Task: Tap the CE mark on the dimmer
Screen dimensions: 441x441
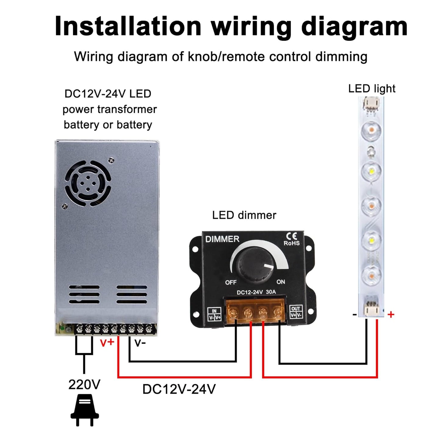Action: click(x=291, y=236)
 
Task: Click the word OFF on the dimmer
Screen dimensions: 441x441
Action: click(x=231, y=282)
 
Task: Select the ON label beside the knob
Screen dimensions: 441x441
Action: click(x=281, y=282)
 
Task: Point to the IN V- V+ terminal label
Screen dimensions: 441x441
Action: click(x=215, y=314)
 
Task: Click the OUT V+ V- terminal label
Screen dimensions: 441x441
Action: click(x=296, y=312)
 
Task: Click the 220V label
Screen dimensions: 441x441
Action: click(x=84, y=385)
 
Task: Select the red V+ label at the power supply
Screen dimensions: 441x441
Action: click(x=107, y=343)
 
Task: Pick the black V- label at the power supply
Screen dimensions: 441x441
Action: click(x=140, y=343)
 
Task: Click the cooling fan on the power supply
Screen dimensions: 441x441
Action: click(x=88, y=183)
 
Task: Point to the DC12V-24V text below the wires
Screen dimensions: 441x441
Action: click(x=179, y=389)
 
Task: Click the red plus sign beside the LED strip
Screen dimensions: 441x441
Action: click(x=391, y=314)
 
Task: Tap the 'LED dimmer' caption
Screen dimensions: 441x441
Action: click(x=244, y=215)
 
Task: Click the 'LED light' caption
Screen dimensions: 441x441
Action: click(x=372, y=89)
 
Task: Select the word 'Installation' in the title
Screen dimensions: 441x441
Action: click(x=128, y=26)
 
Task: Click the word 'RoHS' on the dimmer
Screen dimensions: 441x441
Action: click(x=292, y=243)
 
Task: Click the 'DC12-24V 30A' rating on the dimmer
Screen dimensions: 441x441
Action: click(x=256, y=292)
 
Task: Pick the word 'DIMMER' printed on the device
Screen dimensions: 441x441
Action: click(x=222, y=239)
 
